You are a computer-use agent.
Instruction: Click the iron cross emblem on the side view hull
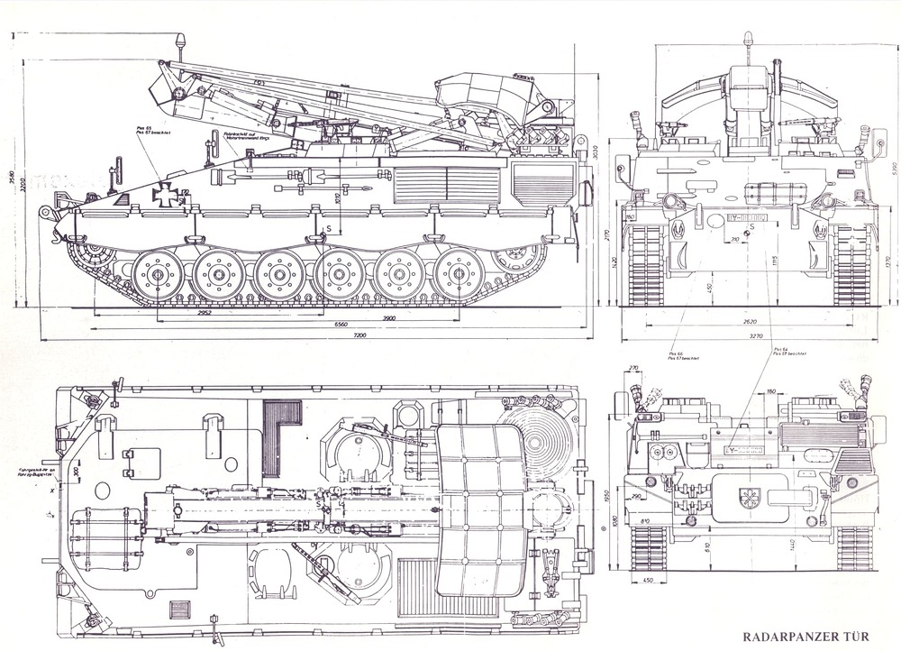166,194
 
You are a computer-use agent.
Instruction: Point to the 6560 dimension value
337,324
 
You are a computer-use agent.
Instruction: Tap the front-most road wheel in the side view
156,272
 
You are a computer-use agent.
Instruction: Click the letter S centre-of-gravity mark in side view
330,228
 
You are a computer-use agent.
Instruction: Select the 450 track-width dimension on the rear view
649,581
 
